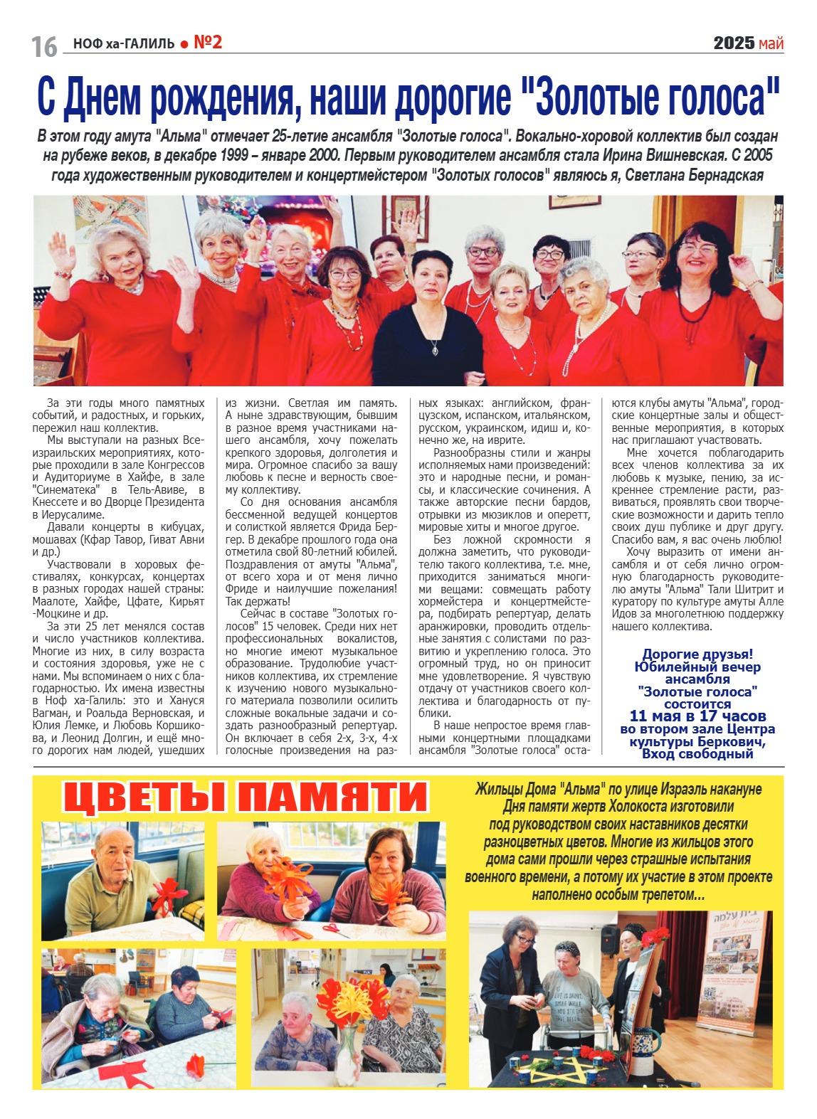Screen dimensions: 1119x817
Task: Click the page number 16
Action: click(x=44, y=46)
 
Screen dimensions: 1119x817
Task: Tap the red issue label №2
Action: click(x=208, y=43)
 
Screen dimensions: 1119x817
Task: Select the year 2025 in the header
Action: click(x=734, y=43)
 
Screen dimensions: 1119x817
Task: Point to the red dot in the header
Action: click(x=184, y=45)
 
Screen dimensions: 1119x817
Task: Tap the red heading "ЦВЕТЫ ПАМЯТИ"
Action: click(x=246, y=797)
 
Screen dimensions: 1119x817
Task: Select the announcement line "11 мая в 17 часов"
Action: click(x=697, y=716)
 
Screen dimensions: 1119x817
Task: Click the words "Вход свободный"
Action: click(x=697, y=753)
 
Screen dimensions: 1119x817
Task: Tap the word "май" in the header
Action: click(x=771, y=44)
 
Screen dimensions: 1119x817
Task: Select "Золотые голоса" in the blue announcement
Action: click(x=697, y=691)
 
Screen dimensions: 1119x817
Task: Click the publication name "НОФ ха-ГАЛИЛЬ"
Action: click(x=124, y=44)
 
